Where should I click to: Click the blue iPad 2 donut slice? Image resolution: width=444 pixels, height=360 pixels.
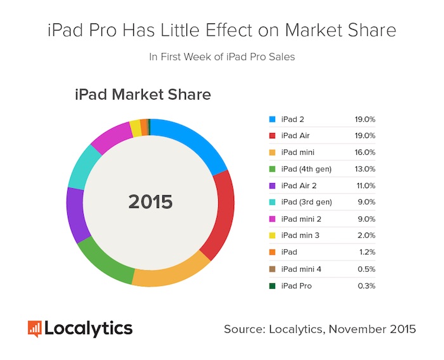pos(190,139)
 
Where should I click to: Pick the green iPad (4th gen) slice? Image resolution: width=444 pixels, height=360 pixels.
pos(105,259)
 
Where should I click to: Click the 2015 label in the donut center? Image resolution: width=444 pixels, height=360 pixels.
pos(150,202)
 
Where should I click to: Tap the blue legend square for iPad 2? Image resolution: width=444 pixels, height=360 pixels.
pos(273,119)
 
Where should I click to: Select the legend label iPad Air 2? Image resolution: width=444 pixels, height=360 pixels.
pos(299,186)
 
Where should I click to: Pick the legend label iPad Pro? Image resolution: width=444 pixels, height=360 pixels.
pos(296,286)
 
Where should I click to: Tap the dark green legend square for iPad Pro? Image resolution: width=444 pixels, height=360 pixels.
pos(273,286)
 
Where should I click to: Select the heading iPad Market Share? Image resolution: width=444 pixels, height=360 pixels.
pos(143,95)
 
